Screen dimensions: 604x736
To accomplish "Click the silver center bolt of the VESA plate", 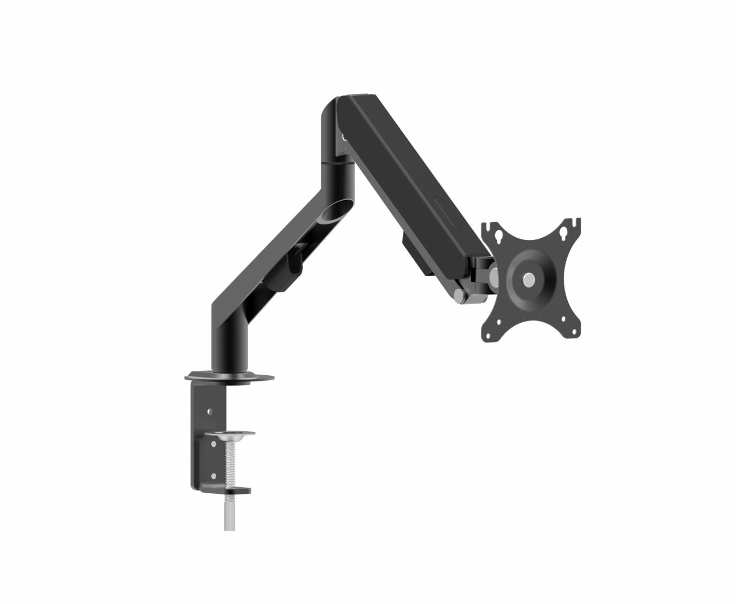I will tap(528, 280).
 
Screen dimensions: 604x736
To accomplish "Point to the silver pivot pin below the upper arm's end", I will tap(458, 296).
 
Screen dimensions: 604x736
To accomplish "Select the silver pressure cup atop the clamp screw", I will tap(230, 434).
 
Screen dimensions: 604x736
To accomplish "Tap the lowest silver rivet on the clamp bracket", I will tap(213, 476).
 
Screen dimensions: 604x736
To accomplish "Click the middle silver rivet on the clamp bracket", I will tap(213, 444).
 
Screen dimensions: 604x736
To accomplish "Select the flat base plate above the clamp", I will tap(229, 377).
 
